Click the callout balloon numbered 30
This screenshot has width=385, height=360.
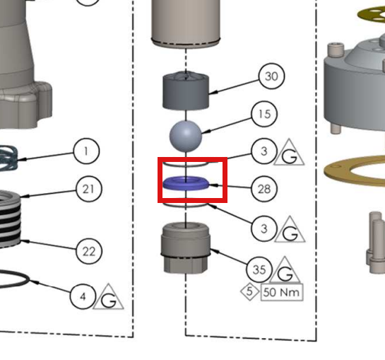pyautogui.click(x=272, y=76)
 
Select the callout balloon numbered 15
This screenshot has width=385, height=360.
pyautogui.click(x=264, y=114)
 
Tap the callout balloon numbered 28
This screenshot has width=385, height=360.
pyautogui.click(x=264, y=189)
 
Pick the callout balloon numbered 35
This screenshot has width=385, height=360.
pyautogui.click(x=259, y=269)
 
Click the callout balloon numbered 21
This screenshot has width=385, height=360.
pyautogui.click(x=88, y=189)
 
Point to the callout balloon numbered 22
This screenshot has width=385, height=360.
pyautogui.click(x=88, y=251)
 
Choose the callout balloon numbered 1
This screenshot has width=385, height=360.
pyautogui.click(x=86, y=151)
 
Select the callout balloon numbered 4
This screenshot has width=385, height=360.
pyautogui.click(x=83, y=296)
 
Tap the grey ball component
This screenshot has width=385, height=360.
pyautogui.click(x=186, y=136)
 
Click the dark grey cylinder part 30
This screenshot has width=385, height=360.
pyautogui.click(x=186, y=91)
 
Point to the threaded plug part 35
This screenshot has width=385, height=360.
pyautogui.click(x=186, y=248)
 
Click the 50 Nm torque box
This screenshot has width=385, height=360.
pyautogui.click(x=282, y=292)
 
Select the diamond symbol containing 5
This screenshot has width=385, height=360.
pyautogui.click(x=249, y=291)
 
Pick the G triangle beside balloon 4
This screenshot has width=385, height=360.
pyautogui.click(x=108, y=296)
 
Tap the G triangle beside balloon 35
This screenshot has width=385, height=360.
pyautogui.click(x=285, y=269)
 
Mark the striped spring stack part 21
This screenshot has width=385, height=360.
pyautogui.click(x=11, y=219)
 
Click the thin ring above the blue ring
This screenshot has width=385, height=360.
pyautogui.click(x=186, y=164)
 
